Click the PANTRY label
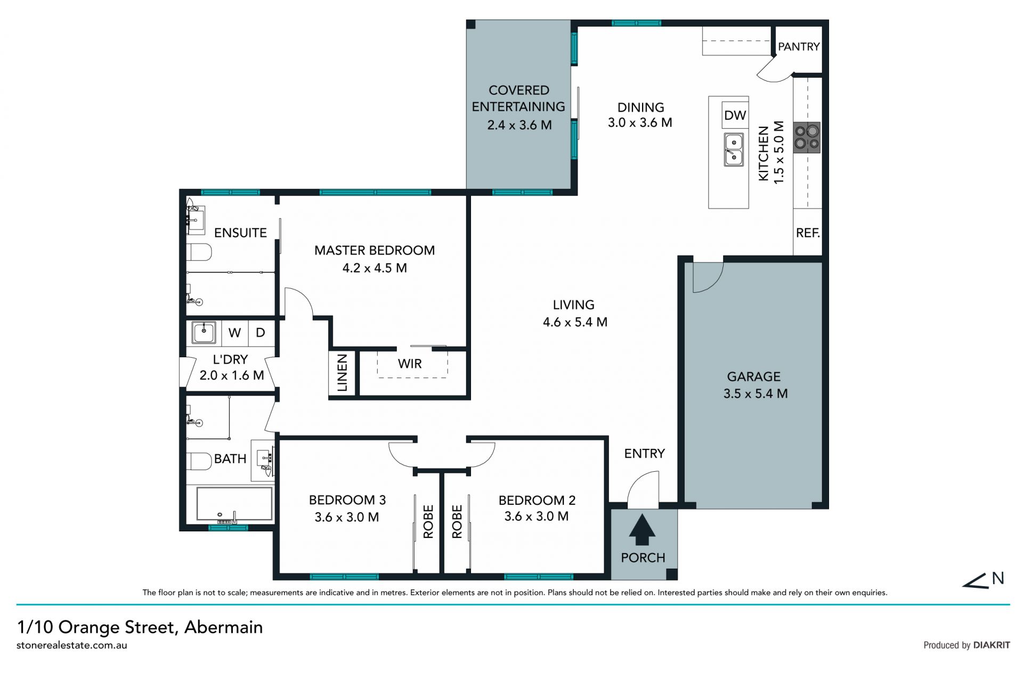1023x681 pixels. pyautogui.click(x=798, y=47)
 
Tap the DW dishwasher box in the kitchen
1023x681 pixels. pyautogui.click(x=735, y=116)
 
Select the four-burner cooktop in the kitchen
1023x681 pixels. pyautogui.click(x=806, y=137)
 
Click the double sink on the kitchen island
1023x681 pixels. pyautogui.click(x=734, y=150)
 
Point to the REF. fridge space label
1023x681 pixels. pyautogui.click(x=808, y=233)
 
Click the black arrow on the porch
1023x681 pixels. pyautogui.click(x=643, y=529)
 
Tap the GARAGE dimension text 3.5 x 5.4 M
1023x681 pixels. pyautogui.click(x=755, y=394)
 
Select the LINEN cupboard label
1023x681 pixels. pyautogui.click(x=342, y=373)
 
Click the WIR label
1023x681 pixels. pyautogui.click(x=410, y=364)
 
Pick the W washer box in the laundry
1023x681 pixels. pyautogui.click(x=234, y=333)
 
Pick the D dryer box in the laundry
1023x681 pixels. pyautogui.click(x=261, y=333)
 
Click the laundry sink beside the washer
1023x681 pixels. pyautogui.click(x=204, y=333)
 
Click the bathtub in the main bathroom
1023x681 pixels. pyautogui.click(x=234, y=503)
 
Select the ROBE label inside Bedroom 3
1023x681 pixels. pyautogui.click(x=428, y=522)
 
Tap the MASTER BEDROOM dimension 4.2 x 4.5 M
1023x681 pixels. pyautogui.click(x=374, y=268)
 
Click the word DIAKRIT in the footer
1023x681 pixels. pyautogui.click(x=991, y=645)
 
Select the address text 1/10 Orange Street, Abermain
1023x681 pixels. pyautogui.click(x=140, y=627)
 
